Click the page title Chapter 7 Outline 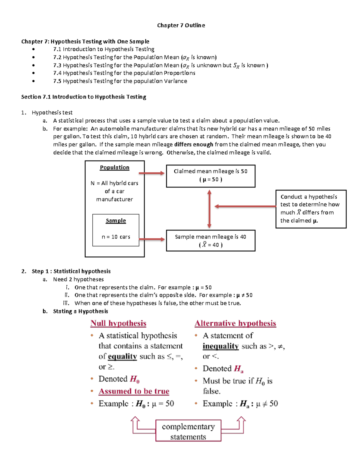181,25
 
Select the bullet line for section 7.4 124,73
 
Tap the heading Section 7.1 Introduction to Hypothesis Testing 84,97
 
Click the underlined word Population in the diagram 115,168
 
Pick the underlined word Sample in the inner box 116,221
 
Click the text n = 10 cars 116,237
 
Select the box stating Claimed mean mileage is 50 211,176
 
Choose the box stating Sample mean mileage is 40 211,240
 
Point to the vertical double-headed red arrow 209,209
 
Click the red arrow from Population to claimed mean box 152,173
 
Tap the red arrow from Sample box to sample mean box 152,239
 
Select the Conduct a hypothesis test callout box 311,209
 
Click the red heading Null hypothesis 118,323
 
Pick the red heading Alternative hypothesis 235,323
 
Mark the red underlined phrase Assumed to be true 134,391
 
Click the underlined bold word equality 122,356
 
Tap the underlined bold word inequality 221,346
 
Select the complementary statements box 188,431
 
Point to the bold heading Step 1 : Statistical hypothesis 71,271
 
